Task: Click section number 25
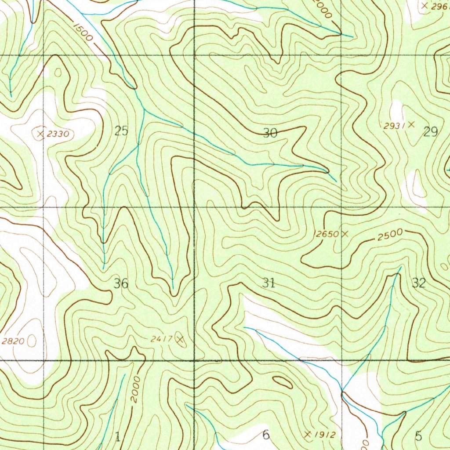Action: pyautogui.click(x=121, y=131)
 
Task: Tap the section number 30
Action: pyautogui.click(x=270, y=133)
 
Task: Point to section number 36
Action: pyautogui.click(x=121, y=283)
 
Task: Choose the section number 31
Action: pyautogui.click(x=269, y=283)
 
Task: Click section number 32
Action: pyautogui.click(x=418, y=283)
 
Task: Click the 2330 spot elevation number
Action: pyautogui.click(x=58, y=134)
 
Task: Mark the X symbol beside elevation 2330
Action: pyautogui.click(x=41, y=133)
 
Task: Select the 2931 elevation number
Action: pyautogui.click(x=393, y=126)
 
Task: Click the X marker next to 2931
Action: pyautogui.click(x=411, y=124)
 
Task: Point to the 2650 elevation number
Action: pyautogui.click(x=327, y=234)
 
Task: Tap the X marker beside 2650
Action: pyautogui.click(x=345, y=234)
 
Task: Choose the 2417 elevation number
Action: pyautogui.click(x=161, y=339)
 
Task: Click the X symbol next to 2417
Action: pyautogui.click(x=179, y=338)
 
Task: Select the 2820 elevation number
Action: pyautogui.click(x=13, y=341)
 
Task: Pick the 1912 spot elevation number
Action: pyautogui.click(x=326, y=435)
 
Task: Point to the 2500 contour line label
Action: pyautogui.click(x=390, y=235)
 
